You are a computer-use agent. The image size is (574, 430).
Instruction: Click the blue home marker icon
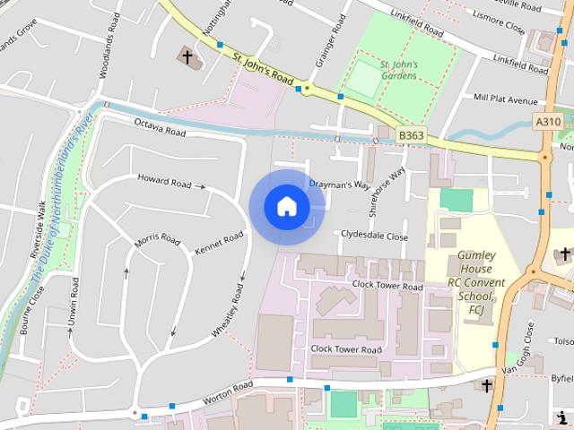pyautogui.click(x=286, y=206)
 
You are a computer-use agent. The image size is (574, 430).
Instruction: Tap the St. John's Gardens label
pyautogui.click(x=397, y=70)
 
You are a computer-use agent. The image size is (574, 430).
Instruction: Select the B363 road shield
pyautogui.click(x=411, y=135)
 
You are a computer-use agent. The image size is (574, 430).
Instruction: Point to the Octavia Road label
pyautogui.click(x=160, y=127)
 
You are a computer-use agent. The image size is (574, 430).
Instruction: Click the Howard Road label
pyautogui.click(x=165, y=182)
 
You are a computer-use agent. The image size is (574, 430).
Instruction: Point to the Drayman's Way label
pyautogui.click(x=340, y=185)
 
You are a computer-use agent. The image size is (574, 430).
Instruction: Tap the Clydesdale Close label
pyautogui.click(x=374, y=236)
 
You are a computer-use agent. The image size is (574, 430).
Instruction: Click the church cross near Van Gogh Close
pyautogui.click(x=487, y=386)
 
